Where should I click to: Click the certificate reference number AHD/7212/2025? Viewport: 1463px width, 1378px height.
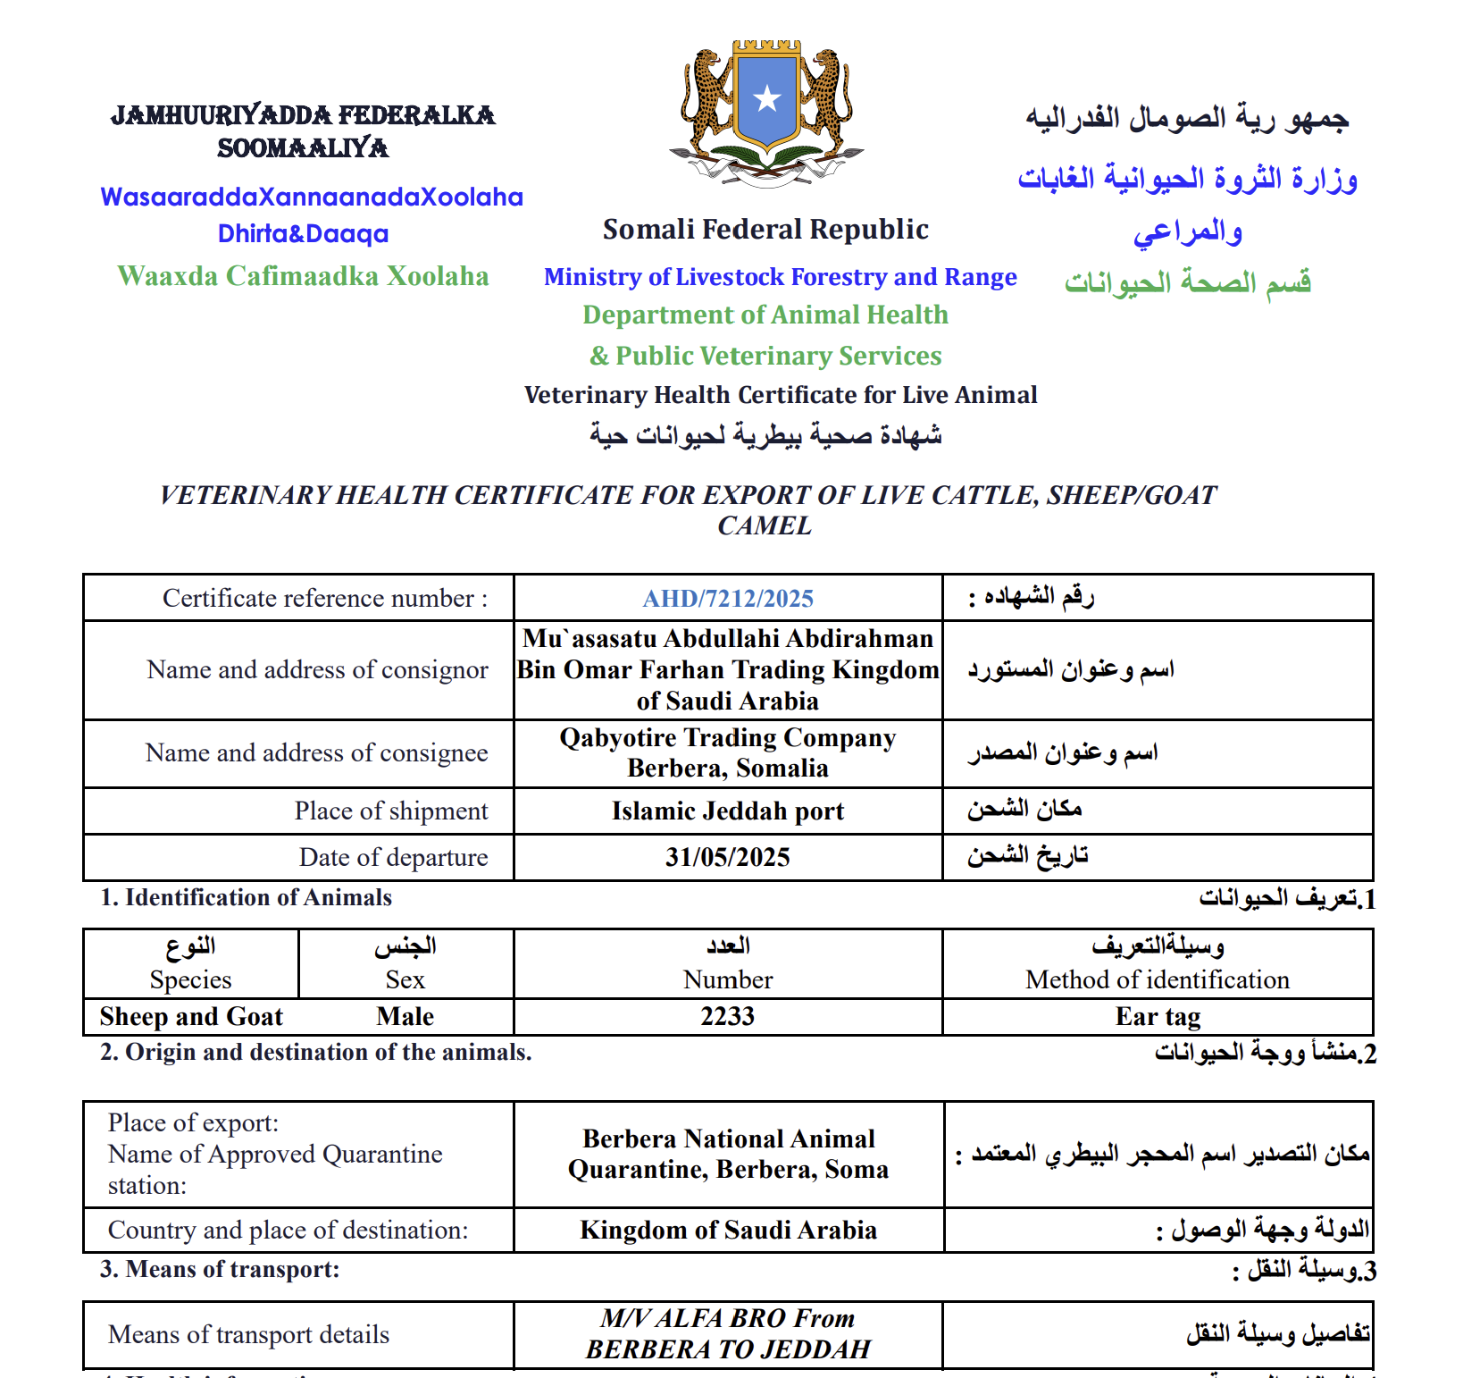(x=728, y=599)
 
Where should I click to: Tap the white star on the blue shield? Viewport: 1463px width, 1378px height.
(x=766, y=98)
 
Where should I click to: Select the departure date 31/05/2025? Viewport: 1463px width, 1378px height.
(x=728, y=858)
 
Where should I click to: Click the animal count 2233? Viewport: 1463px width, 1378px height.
(x=728, y=1017)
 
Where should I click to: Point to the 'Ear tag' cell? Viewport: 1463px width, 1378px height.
(x=1158, y=1017)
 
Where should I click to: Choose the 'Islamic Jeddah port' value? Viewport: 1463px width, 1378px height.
(x=728, y=811)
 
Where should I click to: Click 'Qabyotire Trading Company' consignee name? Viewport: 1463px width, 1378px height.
(x=728, y=738)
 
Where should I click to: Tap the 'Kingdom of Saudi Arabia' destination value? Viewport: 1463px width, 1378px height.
(x=728, y=1231)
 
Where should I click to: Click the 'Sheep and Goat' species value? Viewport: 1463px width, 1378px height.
(x=191, y=1017)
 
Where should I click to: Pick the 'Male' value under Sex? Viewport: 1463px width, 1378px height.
(x=405, y=1017)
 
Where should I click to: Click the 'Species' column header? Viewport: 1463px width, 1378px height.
(x=191, y=980)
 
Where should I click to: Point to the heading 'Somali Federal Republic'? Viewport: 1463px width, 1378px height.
(x=765, y=230)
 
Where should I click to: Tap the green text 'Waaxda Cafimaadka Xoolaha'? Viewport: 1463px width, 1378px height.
(x=303, y=276)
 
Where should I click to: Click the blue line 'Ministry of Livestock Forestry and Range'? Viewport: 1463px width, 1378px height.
(x=780, y=277)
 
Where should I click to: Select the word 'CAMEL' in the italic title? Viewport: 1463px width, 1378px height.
(x=765, y=526)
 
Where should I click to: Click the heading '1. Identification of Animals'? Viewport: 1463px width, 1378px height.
(x=246, y=897)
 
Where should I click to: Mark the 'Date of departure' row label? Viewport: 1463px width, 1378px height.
(x=393, y=858)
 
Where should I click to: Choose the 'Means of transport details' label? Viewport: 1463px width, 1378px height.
(x=248, y=1335)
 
